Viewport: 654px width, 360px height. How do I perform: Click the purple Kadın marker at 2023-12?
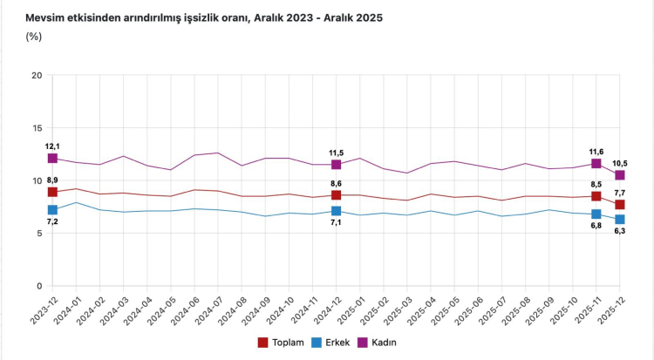(52, 159)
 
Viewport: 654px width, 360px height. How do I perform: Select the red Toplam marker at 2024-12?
(336, 195)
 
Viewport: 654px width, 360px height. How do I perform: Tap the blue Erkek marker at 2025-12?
(619, 220)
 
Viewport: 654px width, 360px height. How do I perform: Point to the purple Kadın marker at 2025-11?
(596, 164)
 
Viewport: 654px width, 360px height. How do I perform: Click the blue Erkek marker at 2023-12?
(52, 210)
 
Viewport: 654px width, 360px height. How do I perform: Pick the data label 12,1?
(52, 146)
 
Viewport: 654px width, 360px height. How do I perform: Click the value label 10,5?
(619, 163)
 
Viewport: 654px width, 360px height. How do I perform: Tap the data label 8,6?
(336, 182)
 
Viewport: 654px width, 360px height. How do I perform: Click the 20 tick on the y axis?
(37, 76)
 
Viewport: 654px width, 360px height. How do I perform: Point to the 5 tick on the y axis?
(39, 234)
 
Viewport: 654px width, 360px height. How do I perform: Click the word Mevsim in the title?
(47, 17)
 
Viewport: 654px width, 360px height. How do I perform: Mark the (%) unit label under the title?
(34, 37)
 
